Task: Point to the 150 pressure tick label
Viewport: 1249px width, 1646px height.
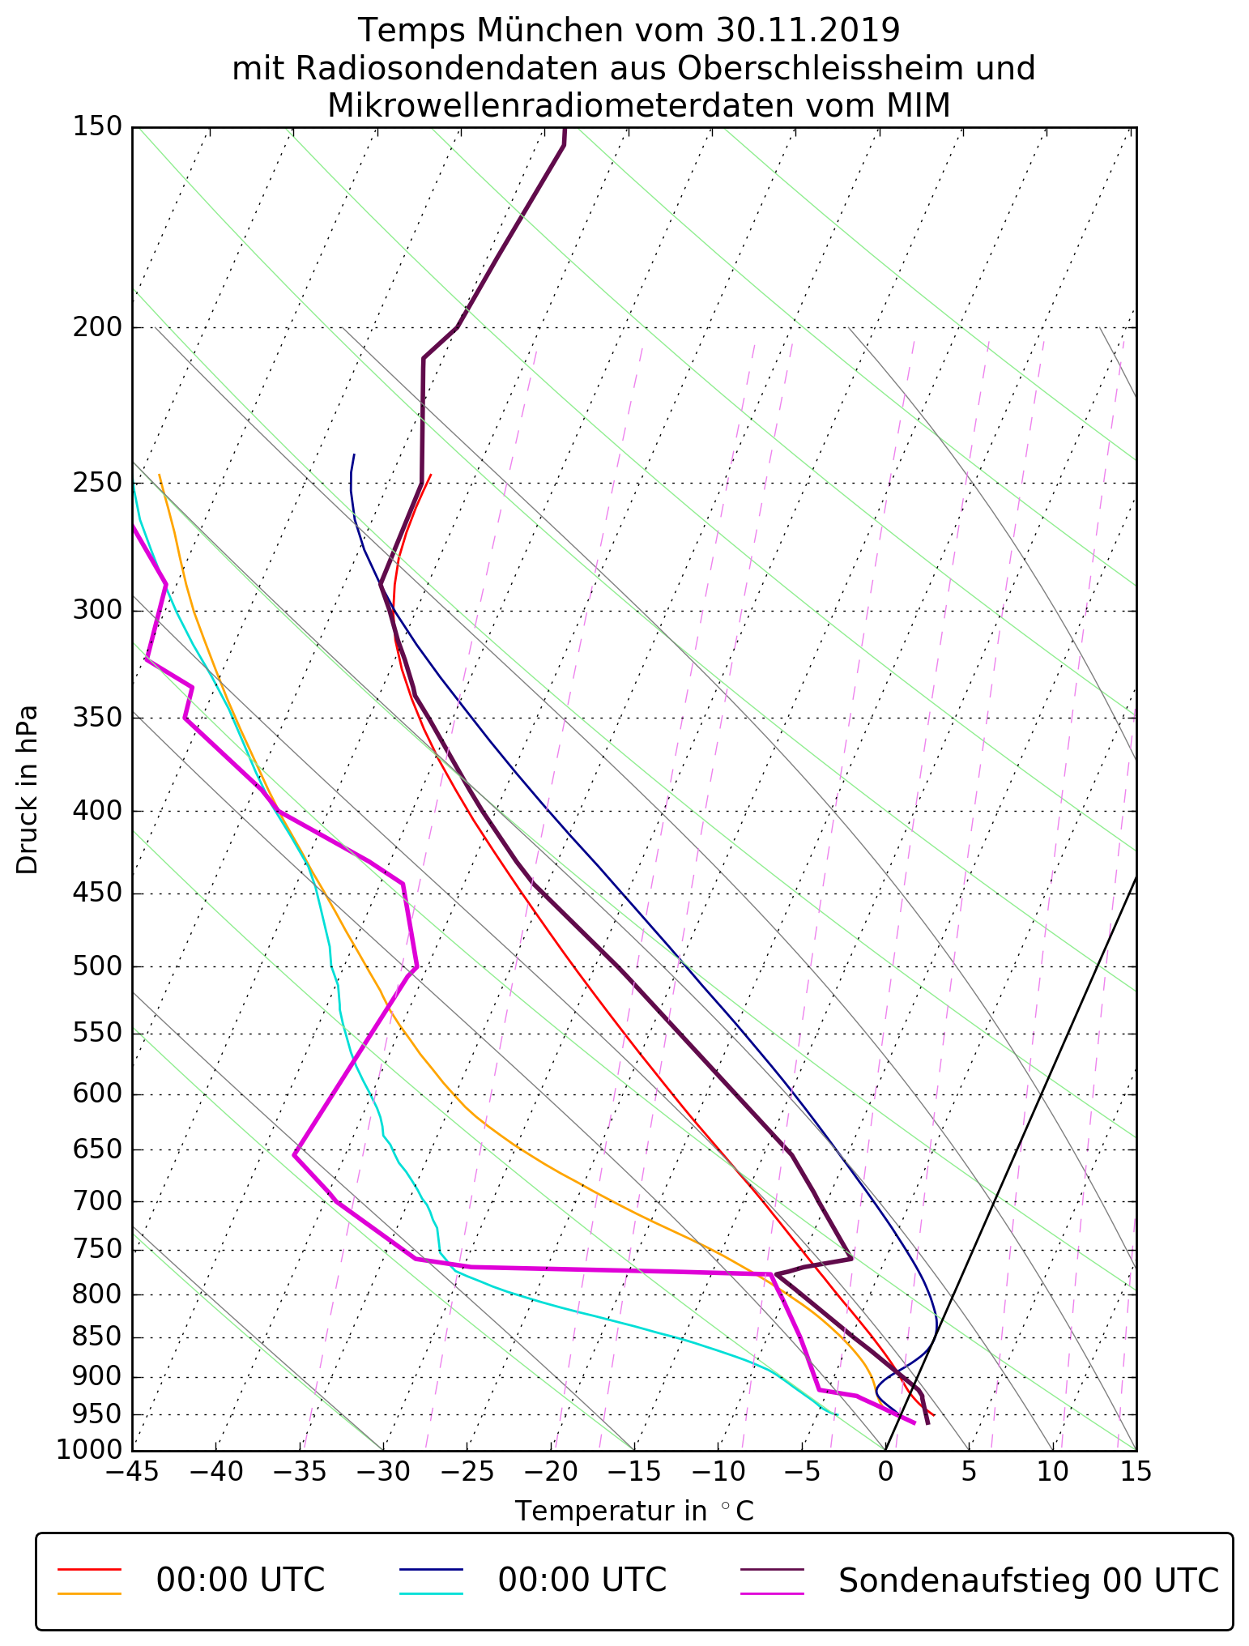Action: pos(96,127)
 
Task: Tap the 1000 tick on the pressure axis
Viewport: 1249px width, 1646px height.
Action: pos(89,1449)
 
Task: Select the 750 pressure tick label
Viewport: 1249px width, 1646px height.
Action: pos(96,1250)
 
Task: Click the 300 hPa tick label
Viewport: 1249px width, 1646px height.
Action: pos(96,611)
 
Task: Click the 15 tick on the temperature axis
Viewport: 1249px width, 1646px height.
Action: pos(1136,1471)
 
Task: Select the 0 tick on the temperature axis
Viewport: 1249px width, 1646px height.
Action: pos(885,1471)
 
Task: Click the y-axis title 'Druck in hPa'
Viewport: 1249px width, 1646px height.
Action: pos(28,790)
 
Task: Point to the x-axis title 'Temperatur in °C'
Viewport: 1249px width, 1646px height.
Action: pos(634,1512)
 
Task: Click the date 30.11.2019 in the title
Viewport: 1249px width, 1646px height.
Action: pos(808,31)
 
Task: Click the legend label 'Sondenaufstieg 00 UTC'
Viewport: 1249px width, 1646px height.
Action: pos(1028,1580)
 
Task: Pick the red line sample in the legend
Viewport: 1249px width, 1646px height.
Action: pos(89,1569)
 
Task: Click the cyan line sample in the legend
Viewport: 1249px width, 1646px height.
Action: pos(430,1593)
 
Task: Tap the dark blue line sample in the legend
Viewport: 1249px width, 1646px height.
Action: pos(430,1569)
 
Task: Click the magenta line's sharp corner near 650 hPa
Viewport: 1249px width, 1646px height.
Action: pos(295,1155)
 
